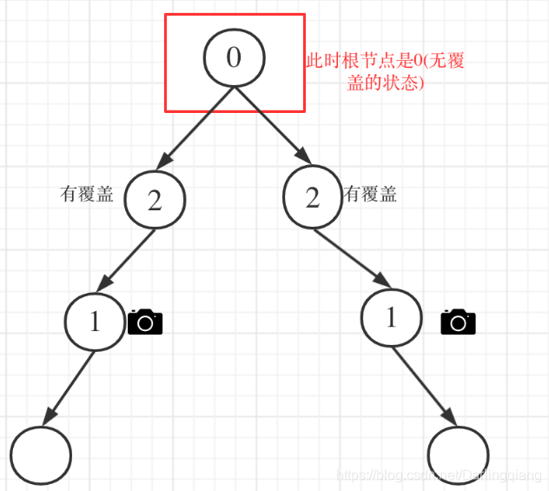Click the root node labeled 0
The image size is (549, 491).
point(234,57)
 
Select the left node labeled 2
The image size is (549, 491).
point(155,200)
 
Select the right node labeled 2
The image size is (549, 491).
point(313,197)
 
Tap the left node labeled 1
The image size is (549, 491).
point(95,322)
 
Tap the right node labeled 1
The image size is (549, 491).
point(390,318)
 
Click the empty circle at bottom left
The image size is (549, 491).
point(41,455)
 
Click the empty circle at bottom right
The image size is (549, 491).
point(459,455)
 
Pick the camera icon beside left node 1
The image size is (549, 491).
point(145,322)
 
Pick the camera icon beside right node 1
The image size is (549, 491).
point(458,322)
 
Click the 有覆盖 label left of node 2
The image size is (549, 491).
point(86,195)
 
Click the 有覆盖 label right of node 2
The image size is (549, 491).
point(371,195)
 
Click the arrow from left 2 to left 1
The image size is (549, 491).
point(128,259)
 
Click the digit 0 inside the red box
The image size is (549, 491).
point(234,57)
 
